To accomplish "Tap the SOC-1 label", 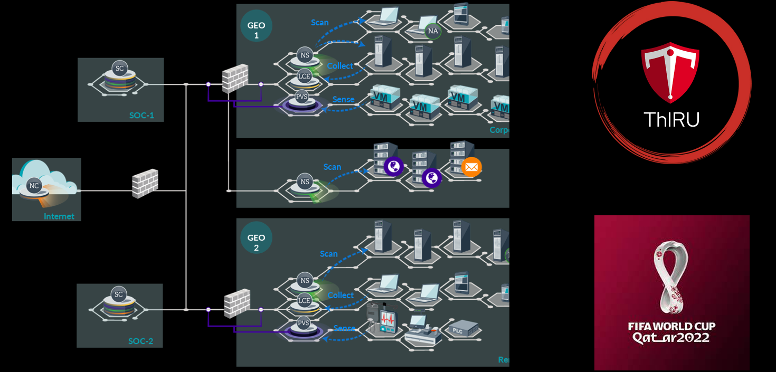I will (x=141, y=115).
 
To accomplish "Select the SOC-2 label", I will (x=140, y=341).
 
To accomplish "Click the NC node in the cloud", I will (x=34, y=185).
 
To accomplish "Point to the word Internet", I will (x=59, y=216).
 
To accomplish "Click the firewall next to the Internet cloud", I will (x=145, y=184).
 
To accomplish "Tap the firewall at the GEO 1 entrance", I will (x=234, y=79).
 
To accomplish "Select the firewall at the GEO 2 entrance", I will (x=236, y=303).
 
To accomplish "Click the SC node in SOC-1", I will (x=120, y=68).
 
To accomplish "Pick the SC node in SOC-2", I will (x=119, y=294).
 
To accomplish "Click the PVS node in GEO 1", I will (x=301, y=96).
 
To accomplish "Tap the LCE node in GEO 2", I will (x=305, y=300).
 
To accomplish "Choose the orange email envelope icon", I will (x=471, y=167).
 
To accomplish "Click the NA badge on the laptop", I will (x=433, y=31).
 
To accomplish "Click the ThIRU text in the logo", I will (x=671, y=120).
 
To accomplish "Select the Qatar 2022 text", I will (x=671, y=337).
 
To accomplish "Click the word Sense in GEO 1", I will (x=343, y=99).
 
